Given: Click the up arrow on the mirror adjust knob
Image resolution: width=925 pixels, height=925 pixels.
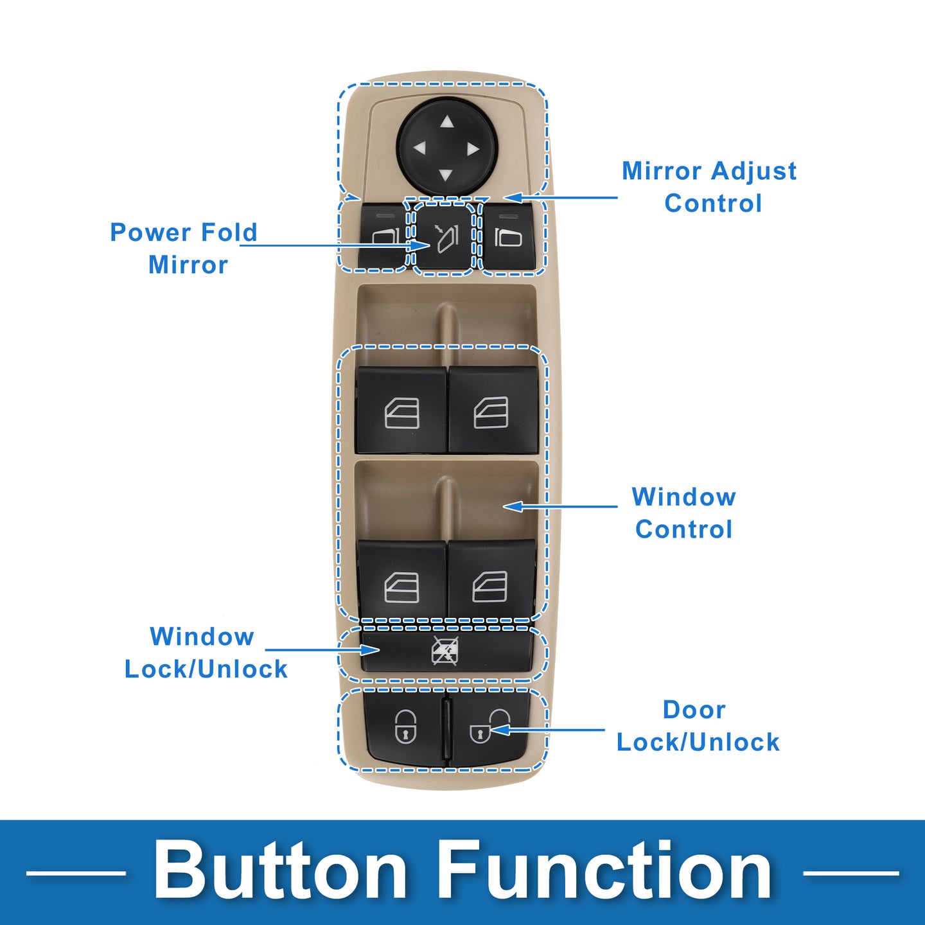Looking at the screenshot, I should pyautogui.click(x=447, y=122).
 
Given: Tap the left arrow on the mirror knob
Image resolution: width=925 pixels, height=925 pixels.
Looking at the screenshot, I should pyautogui.click(x=419, y=148).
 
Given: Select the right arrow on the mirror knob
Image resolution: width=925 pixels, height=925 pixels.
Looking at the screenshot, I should pyautogui.click(x=474, y=149).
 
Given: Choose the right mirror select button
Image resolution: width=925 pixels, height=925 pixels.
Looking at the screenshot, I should pyautogui.click(x=508, y=238).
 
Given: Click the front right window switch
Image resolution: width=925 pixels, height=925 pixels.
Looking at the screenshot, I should pyautogui.click(x=492, y=412).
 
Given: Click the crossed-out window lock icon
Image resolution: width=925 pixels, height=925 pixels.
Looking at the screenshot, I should pyautogui.click(x=445, y=651).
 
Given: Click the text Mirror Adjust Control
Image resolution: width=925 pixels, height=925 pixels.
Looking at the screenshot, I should pyautogui.click(x=710, y=187).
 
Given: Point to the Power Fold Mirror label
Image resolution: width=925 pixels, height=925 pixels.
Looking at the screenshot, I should pyautogui.click(x=184, y=249).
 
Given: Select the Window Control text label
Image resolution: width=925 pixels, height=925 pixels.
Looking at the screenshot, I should pyautogui.click(x=684, y=513).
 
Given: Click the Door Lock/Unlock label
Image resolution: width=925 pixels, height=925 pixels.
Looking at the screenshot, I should pyautogui.click(x=698, y=726).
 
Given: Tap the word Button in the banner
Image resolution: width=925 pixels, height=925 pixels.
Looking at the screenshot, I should pyautogui.click(x=280, y=872).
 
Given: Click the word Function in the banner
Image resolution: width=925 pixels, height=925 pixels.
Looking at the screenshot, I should pyautogui.click(x=605, y=872).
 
